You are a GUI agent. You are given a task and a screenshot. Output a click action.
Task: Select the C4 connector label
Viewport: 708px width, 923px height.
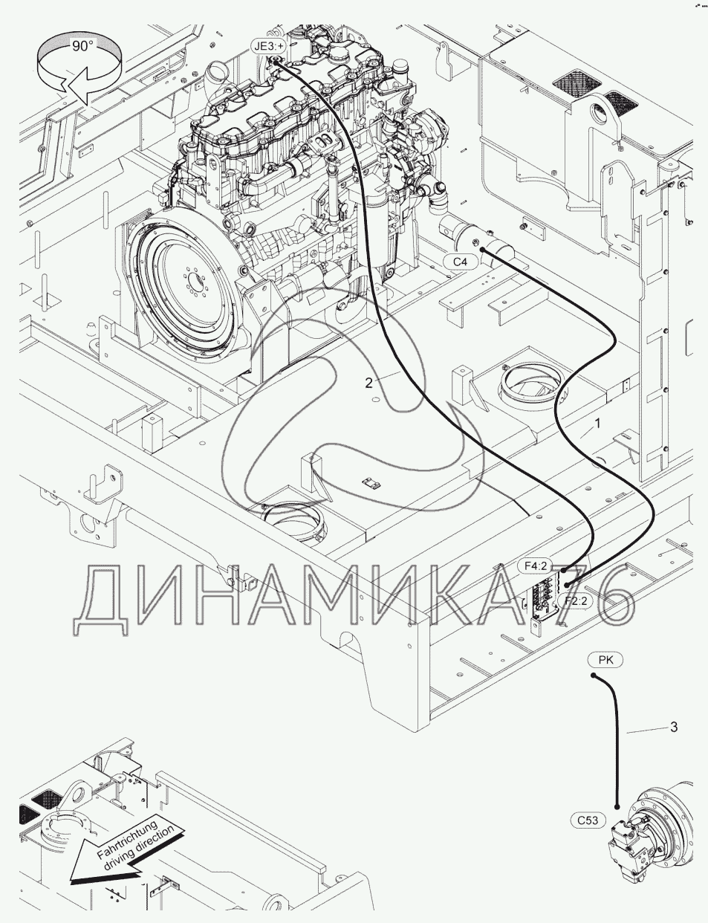pos(460,262)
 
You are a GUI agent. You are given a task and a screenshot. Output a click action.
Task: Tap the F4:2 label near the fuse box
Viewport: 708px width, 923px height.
pos(535,566)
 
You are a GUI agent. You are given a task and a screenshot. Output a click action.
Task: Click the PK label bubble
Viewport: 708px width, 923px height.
pos(605,660)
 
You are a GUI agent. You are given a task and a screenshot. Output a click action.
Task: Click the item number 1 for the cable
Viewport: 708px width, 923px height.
pos(598,423)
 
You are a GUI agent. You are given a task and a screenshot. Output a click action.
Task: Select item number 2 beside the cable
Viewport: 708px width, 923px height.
pos(368,383)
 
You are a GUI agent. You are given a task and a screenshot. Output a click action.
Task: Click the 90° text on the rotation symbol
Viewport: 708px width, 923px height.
pos(82,46)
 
